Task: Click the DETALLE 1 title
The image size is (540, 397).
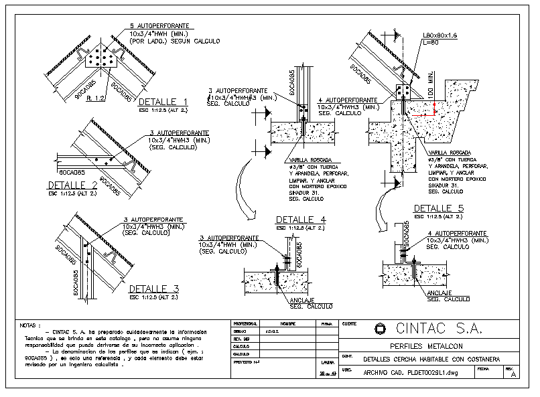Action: (163, 102)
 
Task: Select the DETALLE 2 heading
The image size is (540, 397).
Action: (73, 185)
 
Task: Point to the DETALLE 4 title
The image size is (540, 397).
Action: (301, 220)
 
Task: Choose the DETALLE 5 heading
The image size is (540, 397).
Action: (438, 208)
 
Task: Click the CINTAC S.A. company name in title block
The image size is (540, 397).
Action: (440, 329)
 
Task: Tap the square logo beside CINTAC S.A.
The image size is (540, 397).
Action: (381, 329)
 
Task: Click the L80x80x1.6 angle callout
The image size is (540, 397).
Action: (440, 35)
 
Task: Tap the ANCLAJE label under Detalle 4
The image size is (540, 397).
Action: (302, 300)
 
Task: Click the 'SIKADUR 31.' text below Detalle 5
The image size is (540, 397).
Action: (446, 185)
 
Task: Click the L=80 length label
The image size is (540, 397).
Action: (430, 43)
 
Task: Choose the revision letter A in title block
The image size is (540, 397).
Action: (513, 375)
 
